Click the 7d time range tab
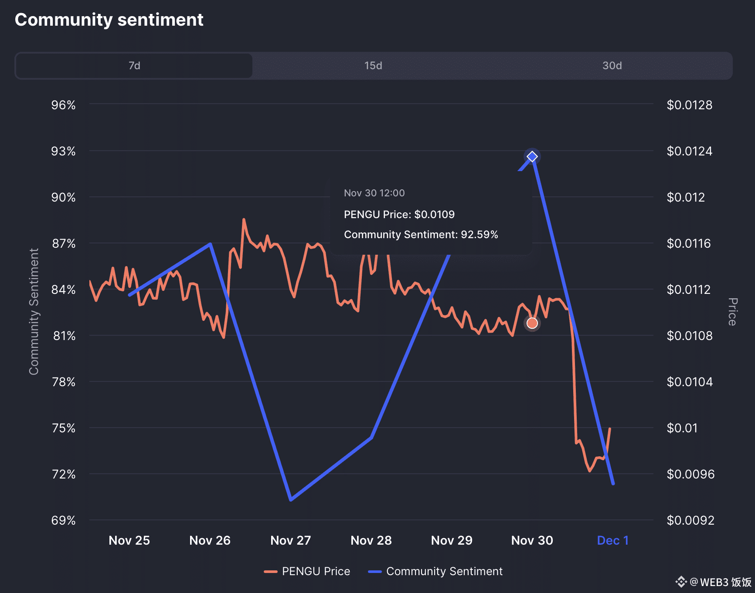[x=134, y=66]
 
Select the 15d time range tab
[x=373, y=66]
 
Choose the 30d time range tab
[x=612, y=66]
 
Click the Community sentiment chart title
[x=109, y=20]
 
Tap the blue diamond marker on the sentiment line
[x=532, y=156]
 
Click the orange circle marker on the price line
[x=532, y=323]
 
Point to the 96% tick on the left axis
[x=64, y=105]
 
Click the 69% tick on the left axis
[x=64, y=520]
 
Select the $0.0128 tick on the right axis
[x=690, y=105]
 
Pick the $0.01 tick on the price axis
[x=682, y=428]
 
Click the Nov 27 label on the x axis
[x=291, y=540]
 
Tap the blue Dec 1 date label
[x=612, y=540]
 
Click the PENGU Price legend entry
[x=307, y=571]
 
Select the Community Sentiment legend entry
[x=436, y=571]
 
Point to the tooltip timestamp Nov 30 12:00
[x=374, y=193]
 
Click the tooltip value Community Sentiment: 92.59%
[x=421, y=235]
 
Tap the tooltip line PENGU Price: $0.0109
[x=399, y=214]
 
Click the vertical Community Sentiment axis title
[x=34, y=311]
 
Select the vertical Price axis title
[x=733, y=312]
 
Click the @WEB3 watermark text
[x=719, y=582]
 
